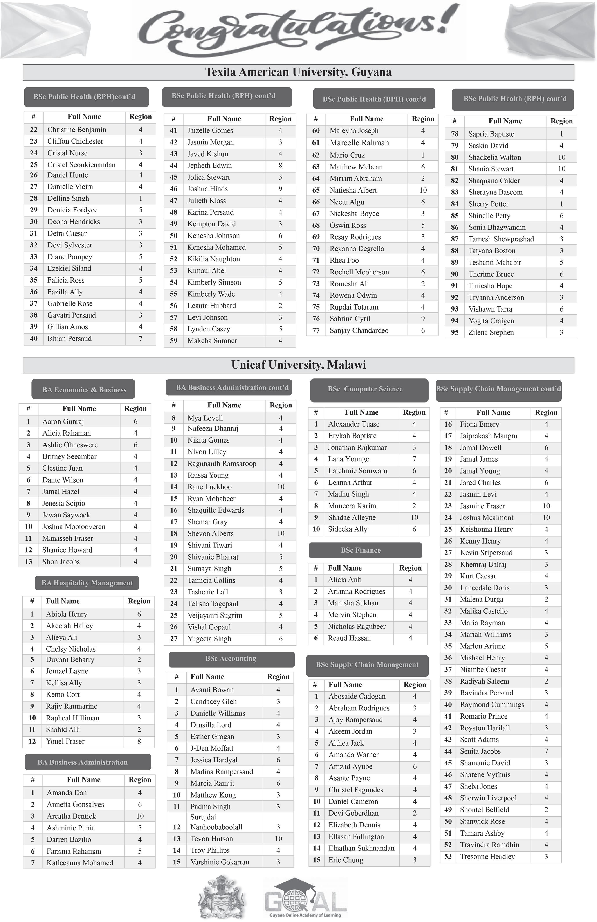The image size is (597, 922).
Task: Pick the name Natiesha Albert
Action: pyautogui.click(x=353, y=190)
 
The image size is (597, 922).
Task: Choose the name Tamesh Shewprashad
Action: pyautogui.click(x=501, y=239)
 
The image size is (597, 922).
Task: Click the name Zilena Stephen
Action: pyautogui.click(x=491, y=332)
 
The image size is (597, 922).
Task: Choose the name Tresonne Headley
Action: pyautogui.click(x=487, y=857)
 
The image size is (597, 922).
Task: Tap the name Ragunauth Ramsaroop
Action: pyautogui.click(x=222, y=464)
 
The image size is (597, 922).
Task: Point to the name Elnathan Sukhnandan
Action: pyautogui.click(x=361, y=848)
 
